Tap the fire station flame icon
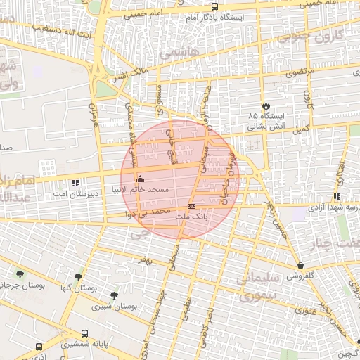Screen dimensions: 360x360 click(x=265, y=104)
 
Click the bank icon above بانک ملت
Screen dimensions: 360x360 click(x=191, y=205)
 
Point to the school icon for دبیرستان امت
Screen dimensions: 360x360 click(x=75, y=183)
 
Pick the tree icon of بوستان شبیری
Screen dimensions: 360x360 click(x=114, y=295)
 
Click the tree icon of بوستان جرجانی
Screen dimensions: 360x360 click(x=19, y=274)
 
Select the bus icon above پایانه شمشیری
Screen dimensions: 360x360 click(x=84, y=334)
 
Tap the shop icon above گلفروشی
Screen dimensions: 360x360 click(x=302, y=265)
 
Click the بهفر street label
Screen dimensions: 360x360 click(x=144, y=260)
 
